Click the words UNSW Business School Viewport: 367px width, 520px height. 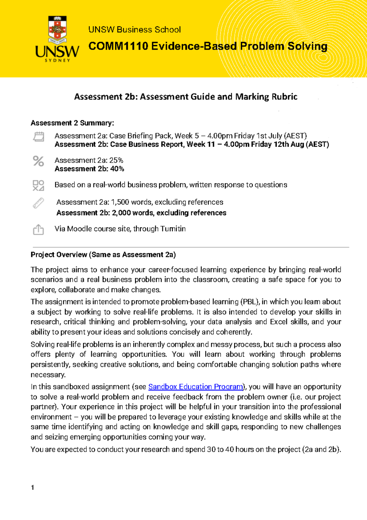pyautogui.click(x=135, y=30)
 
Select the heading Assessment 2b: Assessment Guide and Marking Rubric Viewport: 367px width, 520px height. pyautogui.click(x=186, y=97)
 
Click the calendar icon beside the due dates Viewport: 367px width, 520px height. pyautogui.click(x=39, y=137)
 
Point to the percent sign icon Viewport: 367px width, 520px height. pyautogui.click(x=39, y=161)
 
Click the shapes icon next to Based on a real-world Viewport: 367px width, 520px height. pyautogui.click(x=39, y=185)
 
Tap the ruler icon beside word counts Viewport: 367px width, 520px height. pyautogui.click(x=39, y=203)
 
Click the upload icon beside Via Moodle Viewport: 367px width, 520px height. pyautogui.click(x=39, y=229)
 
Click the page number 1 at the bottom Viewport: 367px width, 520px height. pyautogui.click(x=33, y=488)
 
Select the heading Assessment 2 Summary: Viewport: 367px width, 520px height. pyautogui.click(x=72, y=123)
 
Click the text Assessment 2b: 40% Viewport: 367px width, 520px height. pyautogui.click(x=89, y=169)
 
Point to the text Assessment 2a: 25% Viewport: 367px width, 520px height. pyautogui.click(x=89, y=160)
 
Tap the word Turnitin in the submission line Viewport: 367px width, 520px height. pyautogui.click(x=173, y=229)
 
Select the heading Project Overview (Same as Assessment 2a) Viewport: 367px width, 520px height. pyautogui.click(x=103, y=255)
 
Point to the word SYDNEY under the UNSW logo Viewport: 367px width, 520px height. pyautogui.click(x=57, y=60)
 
